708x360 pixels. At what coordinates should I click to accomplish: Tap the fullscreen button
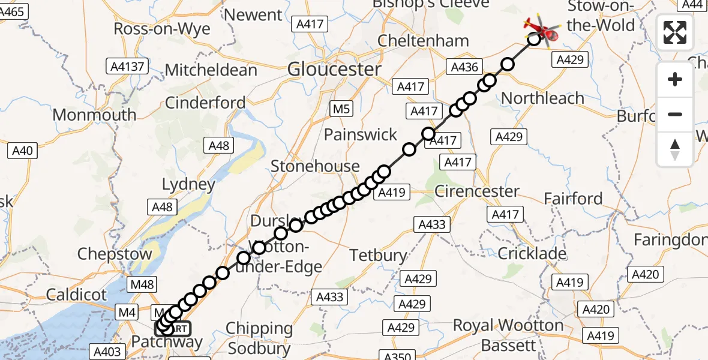pyautogui.click(x=675, y=32)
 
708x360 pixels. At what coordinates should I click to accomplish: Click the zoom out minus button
pyautogui.click(x=675, y=114)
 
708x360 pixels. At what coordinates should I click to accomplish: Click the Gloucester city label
pyautogui.click(x=334, y=69)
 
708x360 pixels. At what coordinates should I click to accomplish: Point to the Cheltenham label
pyautogui.click(x=423, y=41)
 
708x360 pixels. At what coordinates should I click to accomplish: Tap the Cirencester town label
pyautogui.click(x=476, y=191)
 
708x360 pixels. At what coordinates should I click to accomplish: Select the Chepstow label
pyautogui.click(x=115, y=253)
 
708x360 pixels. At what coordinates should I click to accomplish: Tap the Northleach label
pyautogui.click(x=542, y=98)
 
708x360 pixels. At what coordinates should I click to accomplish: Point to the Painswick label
pyautogui.click(x=361, y=134)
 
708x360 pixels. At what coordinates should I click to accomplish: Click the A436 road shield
pyautogui.click(x=464, y=67)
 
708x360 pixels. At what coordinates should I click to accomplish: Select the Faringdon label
pyautogui.click(x=671, y=240)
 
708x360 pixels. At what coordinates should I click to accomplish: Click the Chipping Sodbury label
pyautogui.click(x=259, y=338)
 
